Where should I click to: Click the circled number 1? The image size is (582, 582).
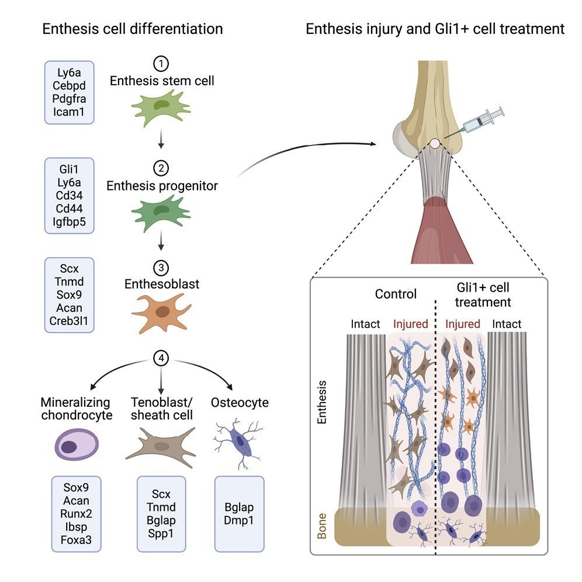(160, 62)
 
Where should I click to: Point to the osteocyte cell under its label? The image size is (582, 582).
(238, 441)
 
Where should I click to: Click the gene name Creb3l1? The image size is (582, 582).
(70, 320)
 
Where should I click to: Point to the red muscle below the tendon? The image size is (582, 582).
(434, 228)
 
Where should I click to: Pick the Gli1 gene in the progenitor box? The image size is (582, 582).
(70, 169)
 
